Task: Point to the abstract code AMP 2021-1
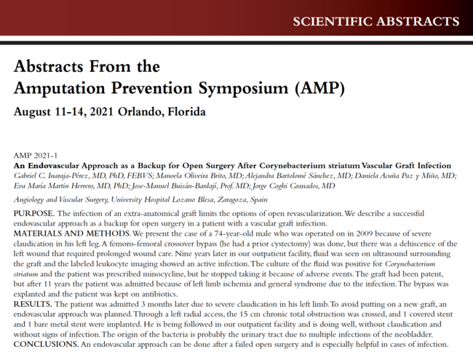36,155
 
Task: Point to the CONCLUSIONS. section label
47,343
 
